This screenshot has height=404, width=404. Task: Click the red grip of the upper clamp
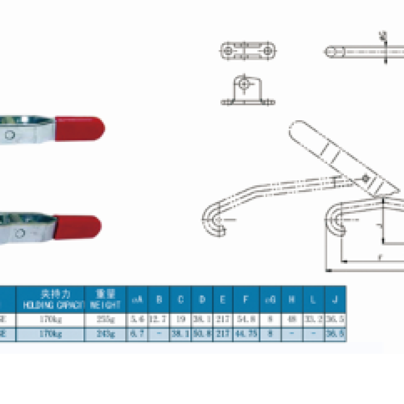[81, 129]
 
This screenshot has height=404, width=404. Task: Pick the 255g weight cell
[105, 320]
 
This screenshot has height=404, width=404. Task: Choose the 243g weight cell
[105, 334]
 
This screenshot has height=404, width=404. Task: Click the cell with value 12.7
[159, 320]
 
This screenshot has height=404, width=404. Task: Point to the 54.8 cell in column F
[245, 320]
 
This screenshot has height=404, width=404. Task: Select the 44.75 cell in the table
[245, 334]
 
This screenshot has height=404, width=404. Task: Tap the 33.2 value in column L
[313, 320]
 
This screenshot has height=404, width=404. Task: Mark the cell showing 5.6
[137, 320]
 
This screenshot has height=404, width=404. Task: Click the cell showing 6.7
[137, 334]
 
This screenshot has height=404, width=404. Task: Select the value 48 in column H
[292, 320]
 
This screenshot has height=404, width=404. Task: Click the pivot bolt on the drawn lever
[365, 179]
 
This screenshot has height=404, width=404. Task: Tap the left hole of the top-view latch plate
[229, 51]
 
